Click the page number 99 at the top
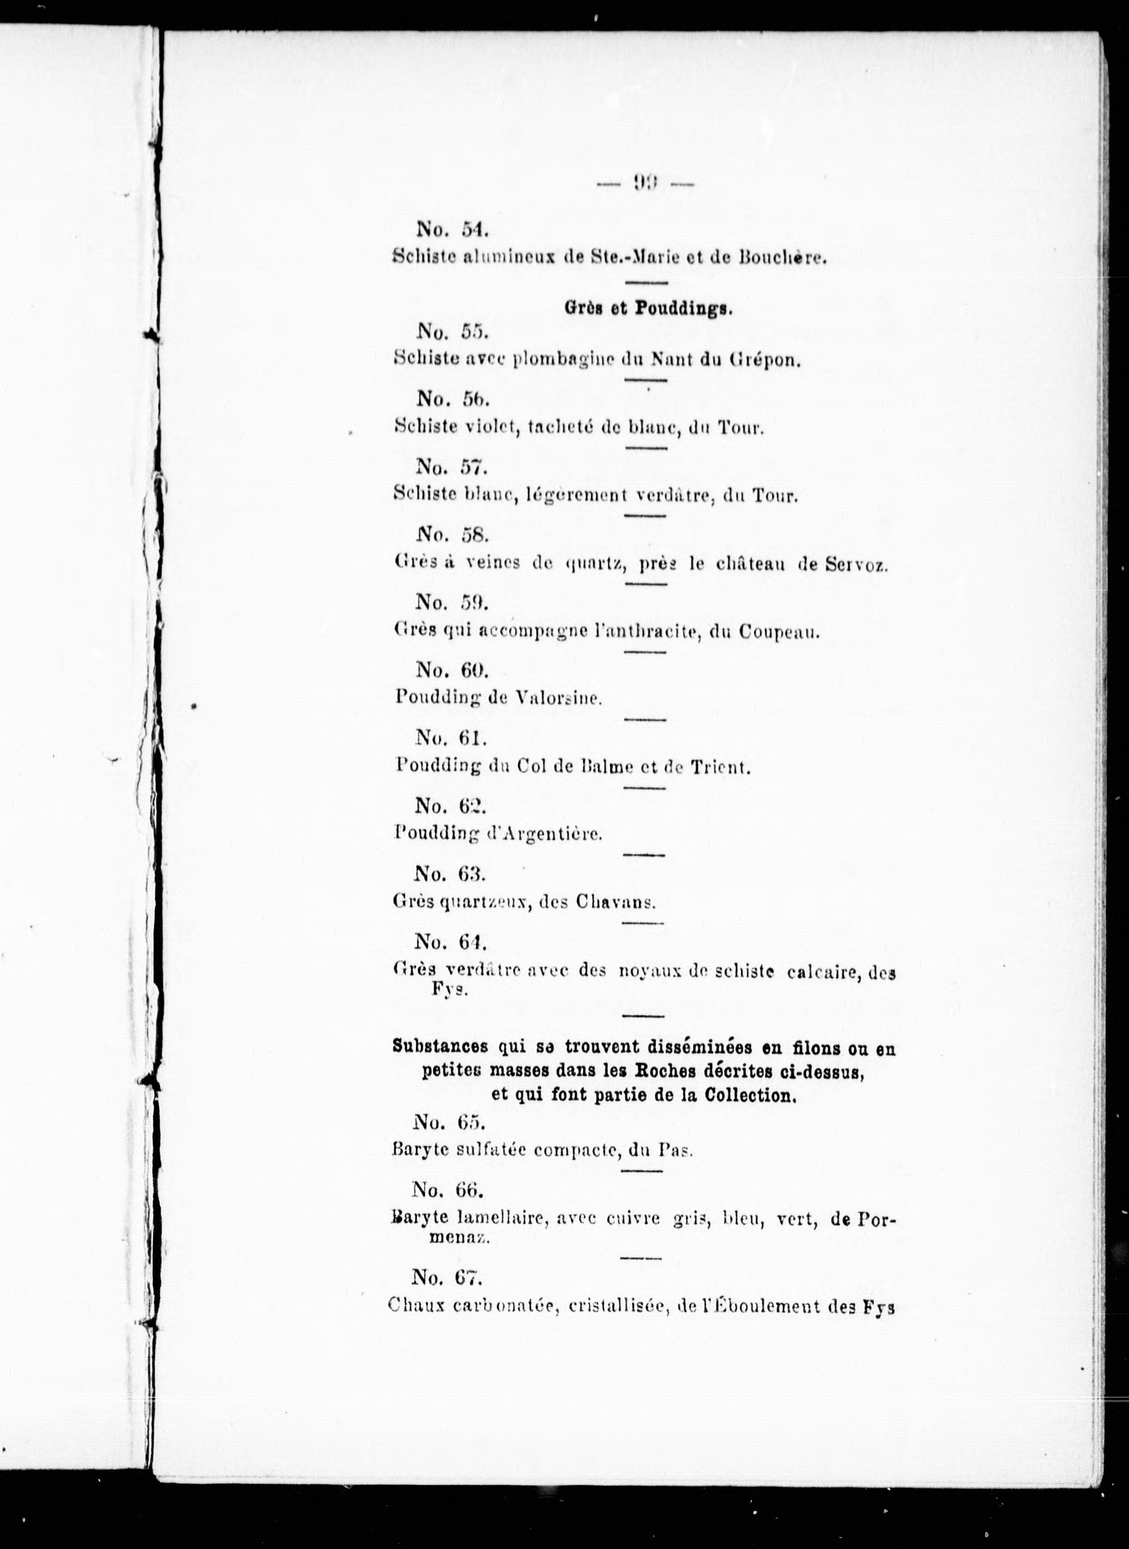(646, 183)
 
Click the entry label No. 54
(452, 230)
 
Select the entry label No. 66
(447, 1190)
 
